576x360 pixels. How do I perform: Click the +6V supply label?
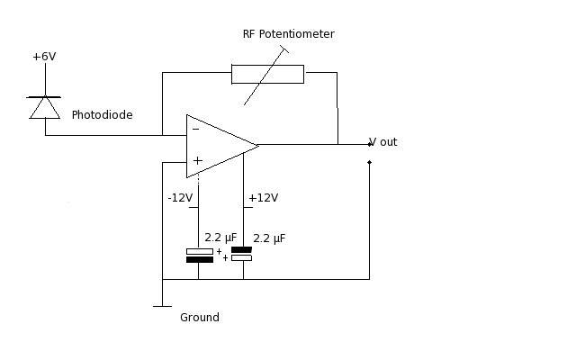pos(44,57)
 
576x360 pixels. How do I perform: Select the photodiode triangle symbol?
pos(45,108)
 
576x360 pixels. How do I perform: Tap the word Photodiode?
pos(102,114)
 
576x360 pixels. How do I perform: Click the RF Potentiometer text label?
pos(288,34)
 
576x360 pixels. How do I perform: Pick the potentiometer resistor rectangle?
pos(267,74)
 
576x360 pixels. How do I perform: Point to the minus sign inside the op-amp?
pos(195,130)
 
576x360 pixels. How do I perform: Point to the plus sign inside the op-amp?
pos(197,161)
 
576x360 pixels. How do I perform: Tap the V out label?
pos(383,142)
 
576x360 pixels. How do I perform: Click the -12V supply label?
pos(180,198)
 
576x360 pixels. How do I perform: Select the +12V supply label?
pos(263,198)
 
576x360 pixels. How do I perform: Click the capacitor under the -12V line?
pos(199,255)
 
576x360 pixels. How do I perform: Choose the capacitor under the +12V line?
pos(241,253)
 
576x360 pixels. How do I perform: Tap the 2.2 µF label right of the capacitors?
pos(271,238)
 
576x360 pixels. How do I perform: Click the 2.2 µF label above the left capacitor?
pos(220,238)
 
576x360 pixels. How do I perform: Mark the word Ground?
pos(199,317)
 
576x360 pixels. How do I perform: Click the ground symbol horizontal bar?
pos(162,306)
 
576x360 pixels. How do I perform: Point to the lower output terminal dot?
pos(369,163)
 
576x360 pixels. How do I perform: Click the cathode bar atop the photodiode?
pos(45,96)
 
